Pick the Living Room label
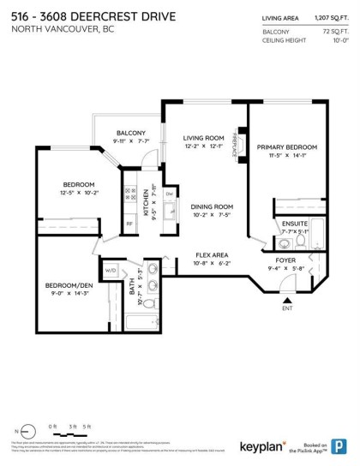[x=203, y=137]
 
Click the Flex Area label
[x=210, y=254]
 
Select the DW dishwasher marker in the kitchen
[x=169, y=194]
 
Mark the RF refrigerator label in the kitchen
[x=130, y=224]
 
